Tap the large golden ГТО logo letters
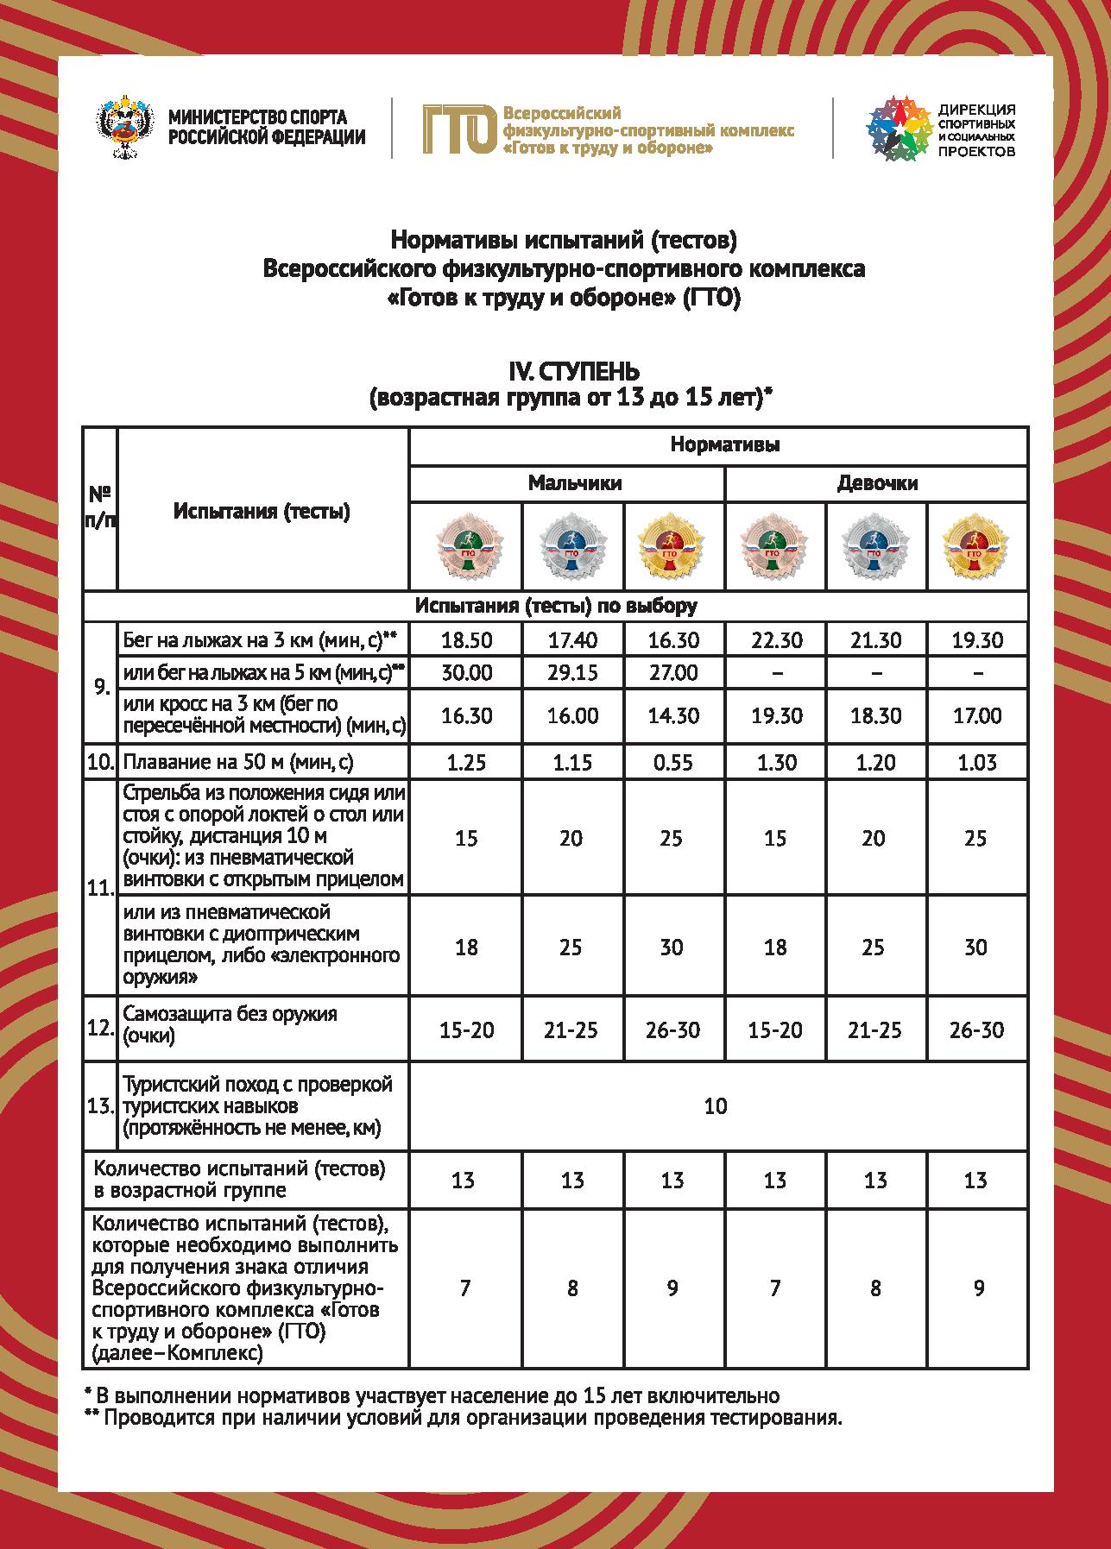458,129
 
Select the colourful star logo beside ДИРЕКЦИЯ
899,129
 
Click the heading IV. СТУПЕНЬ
569,372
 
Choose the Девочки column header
877,483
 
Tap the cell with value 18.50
466,640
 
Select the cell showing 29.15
572,672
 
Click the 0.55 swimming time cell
672,762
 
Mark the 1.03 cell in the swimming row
976,762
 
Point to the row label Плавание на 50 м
238,762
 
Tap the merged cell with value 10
716,1106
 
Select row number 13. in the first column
100,1106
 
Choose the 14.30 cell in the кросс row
672,716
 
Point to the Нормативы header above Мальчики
725,445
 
